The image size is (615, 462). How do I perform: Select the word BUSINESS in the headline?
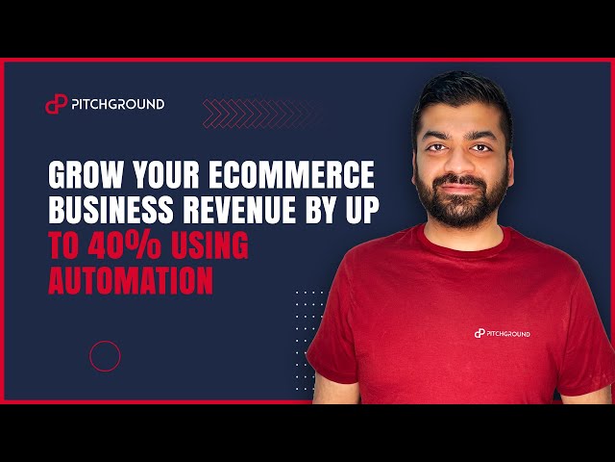[x=111, y=213]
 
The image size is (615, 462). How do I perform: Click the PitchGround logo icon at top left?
[x=56, y=104]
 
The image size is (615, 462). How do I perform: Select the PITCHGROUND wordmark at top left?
[x=117, y=104]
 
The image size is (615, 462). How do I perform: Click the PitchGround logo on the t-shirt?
[x=502, y=333]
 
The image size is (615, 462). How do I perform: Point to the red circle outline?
[x=105, y=356]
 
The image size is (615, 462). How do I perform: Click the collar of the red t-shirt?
[x=466, y=239]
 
